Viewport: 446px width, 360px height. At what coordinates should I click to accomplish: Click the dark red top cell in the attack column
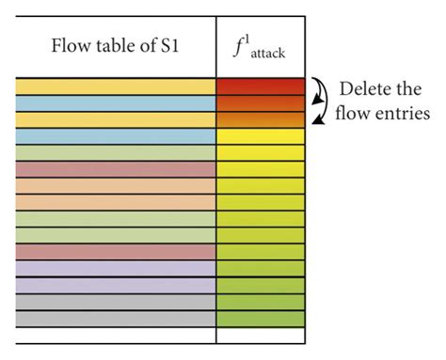[261, 86]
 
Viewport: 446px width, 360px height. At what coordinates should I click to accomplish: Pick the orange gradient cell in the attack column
[261, 119]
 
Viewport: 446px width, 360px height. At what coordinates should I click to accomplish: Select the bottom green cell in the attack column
[261, 319]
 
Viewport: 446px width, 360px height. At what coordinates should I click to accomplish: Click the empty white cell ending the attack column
[261, 335]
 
